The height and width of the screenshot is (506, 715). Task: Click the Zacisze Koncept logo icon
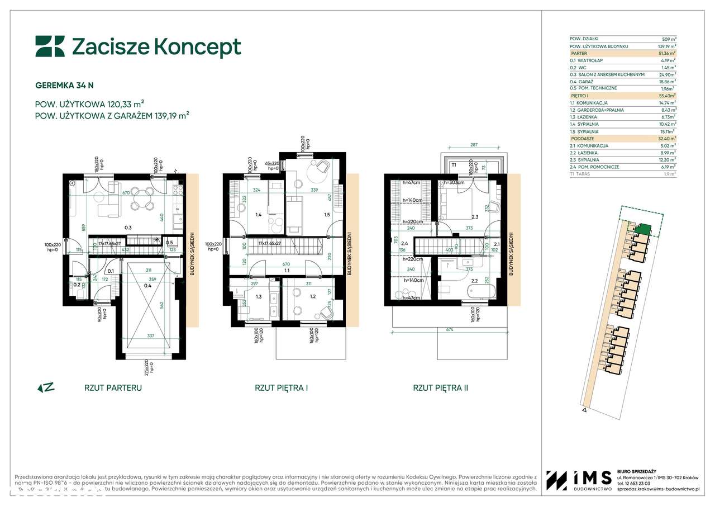pyautogui.click(x=50, y=47)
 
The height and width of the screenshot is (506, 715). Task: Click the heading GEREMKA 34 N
pyautogui.click(x=65, y=86)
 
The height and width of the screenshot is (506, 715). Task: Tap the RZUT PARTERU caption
pyautogui.click(x=113, y=387)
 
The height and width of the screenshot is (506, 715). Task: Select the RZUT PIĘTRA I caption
pyautogui.click(x=282, y=387)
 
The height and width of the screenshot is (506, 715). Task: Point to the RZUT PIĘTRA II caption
pyautogui.click(x=440, y=387)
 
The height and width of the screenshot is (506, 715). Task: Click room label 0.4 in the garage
pyautogui.click(x=147, y=286)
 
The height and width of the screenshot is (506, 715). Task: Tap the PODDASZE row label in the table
pyautogui.click(x=583, y=138)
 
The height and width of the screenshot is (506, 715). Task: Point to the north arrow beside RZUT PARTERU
pyautogui.click(x=46, y=387)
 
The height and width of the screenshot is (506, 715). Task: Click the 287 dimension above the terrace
pyautogui.click(x=474, y=145)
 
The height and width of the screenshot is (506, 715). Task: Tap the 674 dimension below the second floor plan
pyautogui.click(x=449, y=330)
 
